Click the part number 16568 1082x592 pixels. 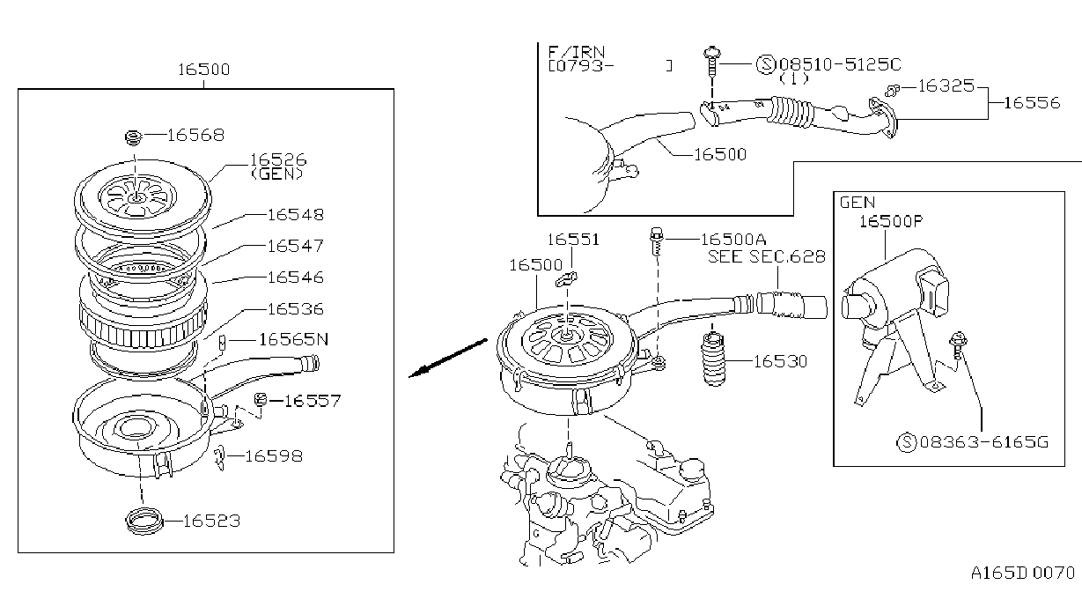point(195,135)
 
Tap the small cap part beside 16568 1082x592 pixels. point(134,137)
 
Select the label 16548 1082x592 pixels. point(295,215)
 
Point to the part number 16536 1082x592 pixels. point(295,309)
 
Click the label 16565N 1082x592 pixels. point(293,339)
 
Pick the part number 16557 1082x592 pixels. point(313,401)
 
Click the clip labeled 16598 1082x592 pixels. point(220,456)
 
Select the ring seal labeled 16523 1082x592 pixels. point(144,521)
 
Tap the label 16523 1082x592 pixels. point(211,521)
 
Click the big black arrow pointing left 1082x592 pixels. point(448,358)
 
